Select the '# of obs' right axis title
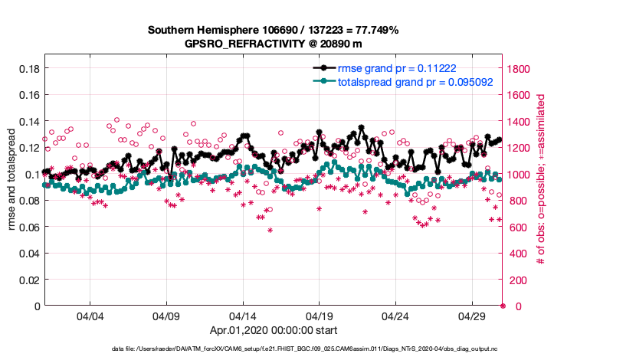point(541,181)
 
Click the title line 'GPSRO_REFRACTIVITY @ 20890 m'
point(273,44)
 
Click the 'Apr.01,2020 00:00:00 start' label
point(273,331)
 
